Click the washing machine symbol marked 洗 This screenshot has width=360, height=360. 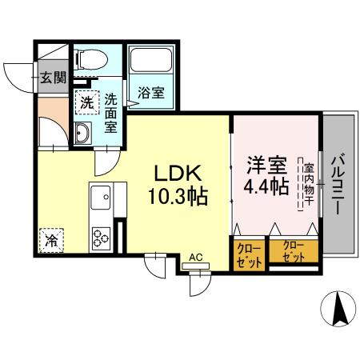(85, 102)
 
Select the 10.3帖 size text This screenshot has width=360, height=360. (178, 194)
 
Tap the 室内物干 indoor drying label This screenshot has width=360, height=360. (308, 186)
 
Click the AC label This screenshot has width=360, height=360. (196, 258)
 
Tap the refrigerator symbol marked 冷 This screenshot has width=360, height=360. (50, 238)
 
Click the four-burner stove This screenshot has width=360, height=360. (102, 238)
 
